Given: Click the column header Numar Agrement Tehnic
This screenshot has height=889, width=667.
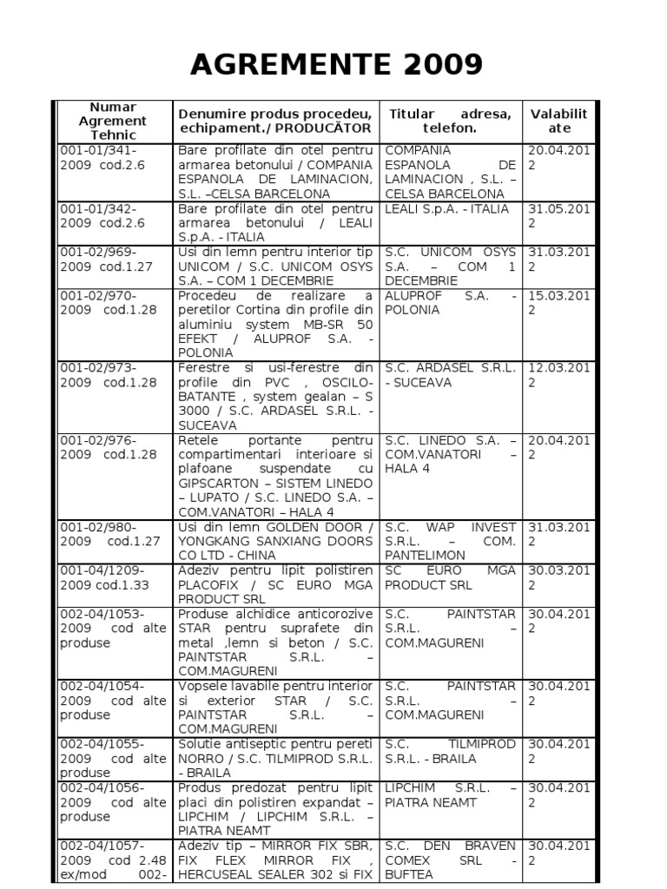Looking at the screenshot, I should point(113,122).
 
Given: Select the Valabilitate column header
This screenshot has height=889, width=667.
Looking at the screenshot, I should point(558,121).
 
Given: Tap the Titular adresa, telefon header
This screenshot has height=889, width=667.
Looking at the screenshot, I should point(450,121).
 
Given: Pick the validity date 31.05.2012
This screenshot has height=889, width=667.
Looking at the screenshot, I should point(558,215).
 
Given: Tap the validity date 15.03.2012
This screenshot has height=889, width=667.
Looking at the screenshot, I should point(558,303).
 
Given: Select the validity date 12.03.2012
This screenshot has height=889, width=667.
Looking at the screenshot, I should point(558,375).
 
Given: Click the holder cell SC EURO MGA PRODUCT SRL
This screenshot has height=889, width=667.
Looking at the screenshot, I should point(450,577).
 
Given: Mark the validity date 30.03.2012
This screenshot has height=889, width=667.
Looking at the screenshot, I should point(558,577).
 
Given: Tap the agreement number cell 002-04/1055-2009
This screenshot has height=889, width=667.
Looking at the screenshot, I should point(112,758).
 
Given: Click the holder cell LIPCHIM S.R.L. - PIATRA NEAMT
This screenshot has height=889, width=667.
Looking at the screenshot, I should point(450,794).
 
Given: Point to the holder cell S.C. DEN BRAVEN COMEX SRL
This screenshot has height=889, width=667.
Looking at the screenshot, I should point(450,859).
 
